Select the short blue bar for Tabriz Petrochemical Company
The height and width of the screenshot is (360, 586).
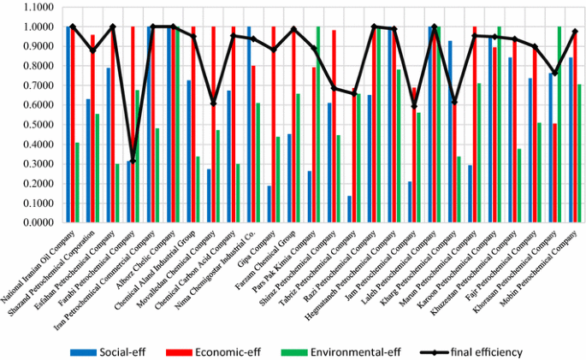click(x=350, y=210)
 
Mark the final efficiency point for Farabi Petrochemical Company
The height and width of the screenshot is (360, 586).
click(x=133, y=160)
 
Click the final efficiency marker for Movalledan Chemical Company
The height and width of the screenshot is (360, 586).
click(x=213, y=103)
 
